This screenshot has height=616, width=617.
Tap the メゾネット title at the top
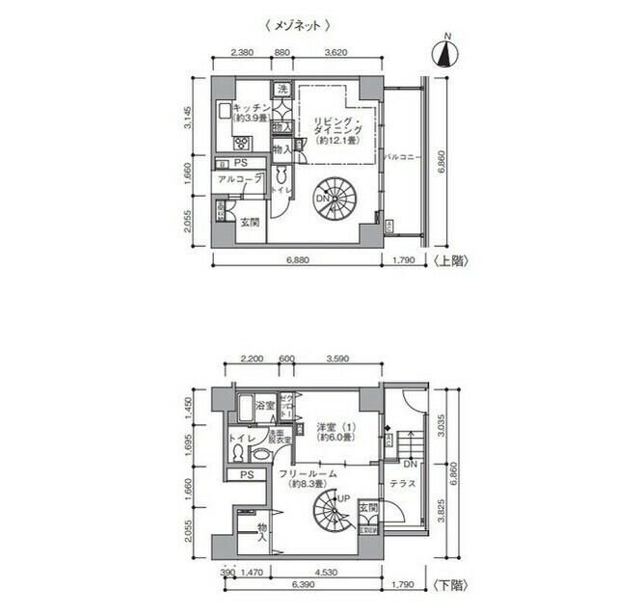[298, 26]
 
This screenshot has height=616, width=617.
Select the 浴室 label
[265, 406]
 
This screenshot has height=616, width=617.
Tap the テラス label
[403, 483]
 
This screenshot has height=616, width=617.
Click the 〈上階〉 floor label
[449, 260]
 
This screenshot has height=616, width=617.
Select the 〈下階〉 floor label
[449, 585]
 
